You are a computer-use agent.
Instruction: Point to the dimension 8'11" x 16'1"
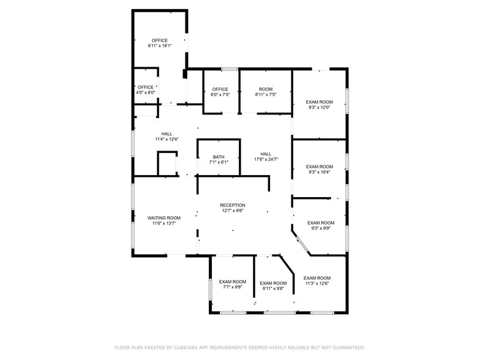[160, 45]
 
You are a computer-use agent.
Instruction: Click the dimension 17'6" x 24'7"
[266, 159]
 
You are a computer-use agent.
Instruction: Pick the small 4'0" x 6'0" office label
[146, 89]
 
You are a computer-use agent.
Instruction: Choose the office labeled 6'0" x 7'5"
[220, 92]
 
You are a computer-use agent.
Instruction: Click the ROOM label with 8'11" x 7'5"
[266, 92]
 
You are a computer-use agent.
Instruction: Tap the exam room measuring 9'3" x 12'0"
[320, 105]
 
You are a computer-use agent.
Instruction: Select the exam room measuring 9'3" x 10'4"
[320, 169]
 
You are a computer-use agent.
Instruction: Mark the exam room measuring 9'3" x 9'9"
[321, 225]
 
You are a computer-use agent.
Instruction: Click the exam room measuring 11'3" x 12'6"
[317, 280]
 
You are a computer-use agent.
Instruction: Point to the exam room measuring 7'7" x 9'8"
[233, 284]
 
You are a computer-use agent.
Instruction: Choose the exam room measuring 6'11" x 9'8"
[273, 286]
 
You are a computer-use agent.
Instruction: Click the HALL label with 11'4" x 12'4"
[167, 137]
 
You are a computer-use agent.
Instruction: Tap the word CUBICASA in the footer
[186, 348]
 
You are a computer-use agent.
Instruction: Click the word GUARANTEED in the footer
[349, 348]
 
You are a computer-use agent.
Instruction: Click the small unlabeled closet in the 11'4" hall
[167, 163]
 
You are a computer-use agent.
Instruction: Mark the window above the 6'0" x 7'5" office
[230, 69]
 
